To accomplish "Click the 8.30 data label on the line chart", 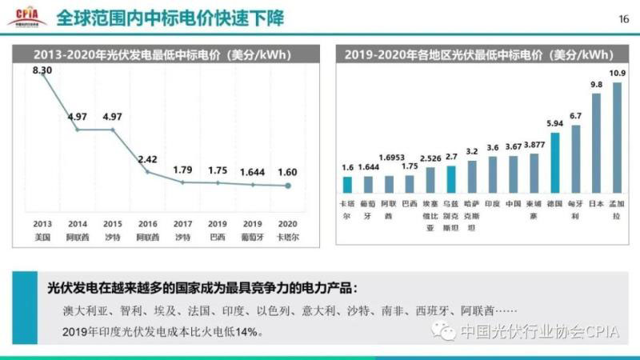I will (x=42, y=70).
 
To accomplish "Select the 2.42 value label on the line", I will (x=146, y=158).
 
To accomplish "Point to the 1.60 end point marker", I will (x=289, y=186).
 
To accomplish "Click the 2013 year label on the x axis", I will (x=42, y=224).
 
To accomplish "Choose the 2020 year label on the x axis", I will (x=289, y=224).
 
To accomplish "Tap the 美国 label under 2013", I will (x=42, y=237).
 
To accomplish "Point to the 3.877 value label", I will (x=534, y=145).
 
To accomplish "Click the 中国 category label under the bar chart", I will (x=514, y=204).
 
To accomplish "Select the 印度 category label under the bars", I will (x=493, y=204).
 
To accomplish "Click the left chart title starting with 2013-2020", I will (x=161, y=55).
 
